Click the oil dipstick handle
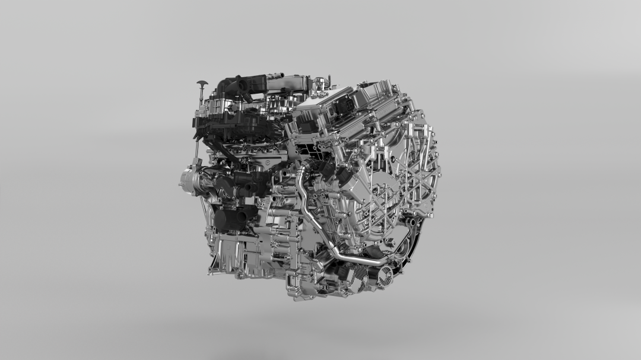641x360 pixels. [202, 84]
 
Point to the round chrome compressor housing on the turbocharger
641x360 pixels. [188, 179]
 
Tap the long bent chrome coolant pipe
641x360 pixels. [332, 237]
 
